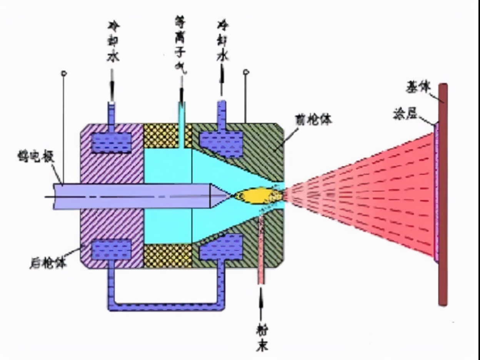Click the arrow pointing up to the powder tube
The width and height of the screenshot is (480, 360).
point(262,304)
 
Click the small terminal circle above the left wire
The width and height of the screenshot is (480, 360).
point(64,73)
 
